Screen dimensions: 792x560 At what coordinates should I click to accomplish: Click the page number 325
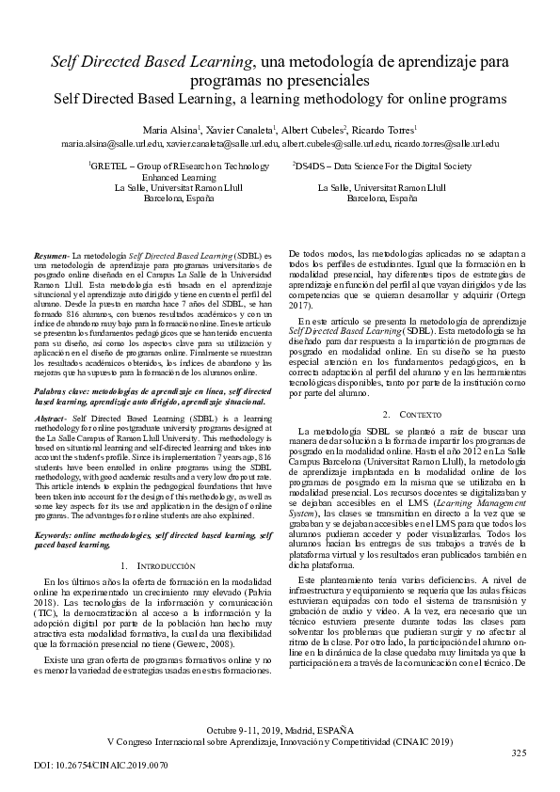[x=519, y=753]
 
